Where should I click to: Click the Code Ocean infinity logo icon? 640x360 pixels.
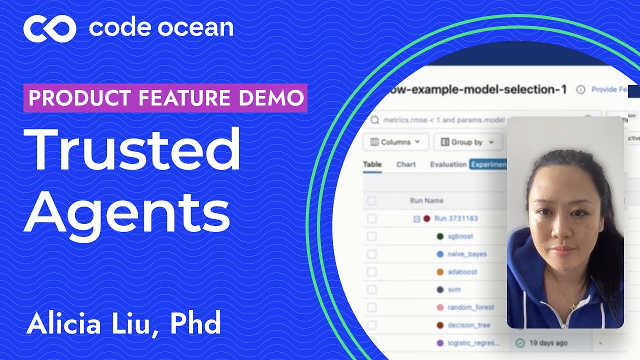49,28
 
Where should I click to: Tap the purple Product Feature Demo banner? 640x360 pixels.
165,98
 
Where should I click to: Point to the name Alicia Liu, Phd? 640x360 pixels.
123,324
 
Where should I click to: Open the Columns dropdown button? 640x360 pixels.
395,142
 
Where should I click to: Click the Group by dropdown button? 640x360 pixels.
467,142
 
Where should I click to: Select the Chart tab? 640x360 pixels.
405,164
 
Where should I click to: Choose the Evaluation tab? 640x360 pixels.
448,164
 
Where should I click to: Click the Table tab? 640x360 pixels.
372,164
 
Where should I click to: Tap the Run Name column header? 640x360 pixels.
426,200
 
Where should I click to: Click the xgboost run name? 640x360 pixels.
460,236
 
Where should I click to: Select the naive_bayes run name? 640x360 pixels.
467,254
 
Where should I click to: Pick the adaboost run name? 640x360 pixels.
462,272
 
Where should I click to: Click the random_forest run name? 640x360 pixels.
470,307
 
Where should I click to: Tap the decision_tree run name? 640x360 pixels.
469,325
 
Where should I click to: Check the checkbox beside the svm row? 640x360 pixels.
371,289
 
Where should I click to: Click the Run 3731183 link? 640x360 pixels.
455,218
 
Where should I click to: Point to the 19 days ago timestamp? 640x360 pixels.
548,343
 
